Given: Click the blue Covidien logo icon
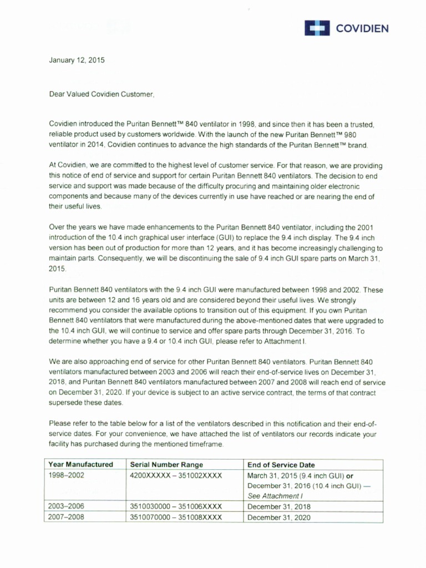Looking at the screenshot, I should [x=317, y=28].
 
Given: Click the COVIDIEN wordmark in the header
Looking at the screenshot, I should [x=362, y=28].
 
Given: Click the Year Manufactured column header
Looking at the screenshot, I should [x=80, y=464].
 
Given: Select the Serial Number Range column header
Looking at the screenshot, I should [x=166, y=464].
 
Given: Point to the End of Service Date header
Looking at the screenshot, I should [x=281, y=464].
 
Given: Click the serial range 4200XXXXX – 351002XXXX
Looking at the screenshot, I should [x=176, y=475].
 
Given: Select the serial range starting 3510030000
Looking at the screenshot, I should [x=176, y=506].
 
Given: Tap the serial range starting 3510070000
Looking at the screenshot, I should [x=176, y=517].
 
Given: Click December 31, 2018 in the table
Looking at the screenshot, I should [x=279, y=506].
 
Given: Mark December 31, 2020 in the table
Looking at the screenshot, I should [x=279, y=517].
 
